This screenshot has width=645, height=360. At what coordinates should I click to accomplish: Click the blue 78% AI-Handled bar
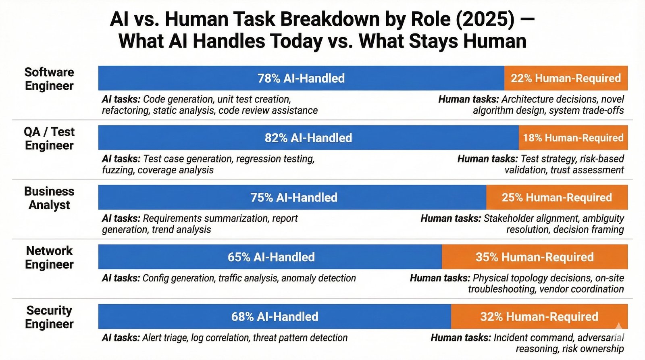tap(301, 78)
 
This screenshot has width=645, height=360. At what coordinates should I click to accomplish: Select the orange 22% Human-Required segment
tap(566, 78)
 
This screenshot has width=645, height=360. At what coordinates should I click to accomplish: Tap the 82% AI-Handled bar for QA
tap(308, 138)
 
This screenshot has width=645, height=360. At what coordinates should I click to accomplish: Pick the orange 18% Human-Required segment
tap(573, 138)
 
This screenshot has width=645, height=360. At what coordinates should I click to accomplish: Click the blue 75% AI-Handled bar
tap(293, 198)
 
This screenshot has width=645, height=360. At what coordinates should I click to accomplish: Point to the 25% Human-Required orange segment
tap(557, 198)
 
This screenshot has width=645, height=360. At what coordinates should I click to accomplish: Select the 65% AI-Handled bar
tap(271, 257)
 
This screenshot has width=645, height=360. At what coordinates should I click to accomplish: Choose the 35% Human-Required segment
tap(535, 257)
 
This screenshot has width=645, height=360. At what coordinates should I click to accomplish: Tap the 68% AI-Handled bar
tap(275, 317)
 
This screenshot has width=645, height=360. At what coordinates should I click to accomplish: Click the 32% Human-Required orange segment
tap(539, 317)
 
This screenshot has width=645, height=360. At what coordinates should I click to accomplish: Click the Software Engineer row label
tap(49, 79)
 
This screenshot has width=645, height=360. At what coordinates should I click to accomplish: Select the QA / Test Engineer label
tap(49, 139)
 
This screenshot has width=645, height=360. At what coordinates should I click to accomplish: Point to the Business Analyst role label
tap(49, 198)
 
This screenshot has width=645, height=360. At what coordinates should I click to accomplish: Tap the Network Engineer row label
tap(49, 258)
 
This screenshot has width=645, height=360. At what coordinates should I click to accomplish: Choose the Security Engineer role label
tap(49, 317)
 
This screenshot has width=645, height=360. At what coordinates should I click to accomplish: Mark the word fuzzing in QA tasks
tap(118, 170)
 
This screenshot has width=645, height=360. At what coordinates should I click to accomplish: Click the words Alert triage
tap(165, 338)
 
